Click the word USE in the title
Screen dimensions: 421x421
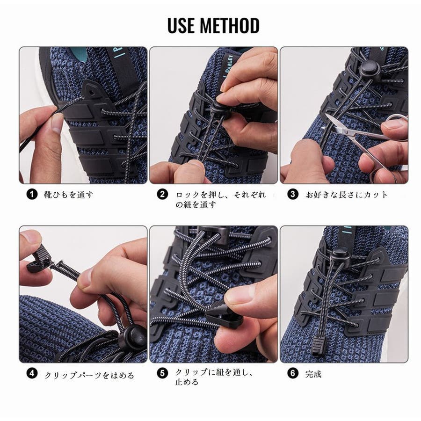click(181, 26)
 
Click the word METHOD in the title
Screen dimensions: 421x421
click(230, 26)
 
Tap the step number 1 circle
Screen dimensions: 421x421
click(32, 194)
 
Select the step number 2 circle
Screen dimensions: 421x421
click(162, 194)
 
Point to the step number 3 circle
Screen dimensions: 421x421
click(293, 194)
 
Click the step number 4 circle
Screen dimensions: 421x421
click(32, 373)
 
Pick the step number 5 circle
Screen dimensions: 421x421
click(162, 373)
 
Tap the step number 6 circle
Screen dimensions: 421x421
click(293, 373)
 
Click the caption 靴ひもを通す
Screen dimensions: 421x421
click(68, 195)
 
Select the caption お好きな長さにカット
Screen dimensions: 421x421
click(347, 195)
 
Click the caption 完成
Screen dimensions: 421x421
click(313, 374)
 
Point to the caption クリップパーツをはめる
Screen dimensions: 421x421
click(89, 375)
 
